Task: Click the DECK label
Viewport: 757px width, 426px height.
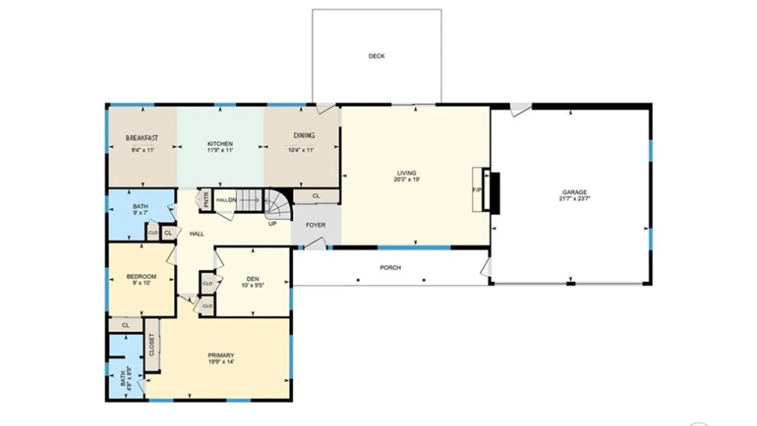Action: (377, 56)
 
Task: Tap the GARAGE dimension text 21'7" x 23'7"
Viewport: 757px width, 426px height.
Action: (574, 199)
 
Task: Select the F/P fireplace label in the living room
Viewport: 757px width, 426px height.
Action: (477, 190)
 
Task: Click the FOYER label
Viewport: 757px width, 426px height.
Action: (315, 225)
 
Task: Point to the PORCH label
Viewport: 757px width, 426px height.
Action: (390, 268)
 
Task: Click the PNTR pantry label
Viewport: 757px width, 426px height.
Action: (206, 200)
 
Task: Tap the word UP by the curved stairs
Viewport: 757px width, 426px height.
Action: (272, 224)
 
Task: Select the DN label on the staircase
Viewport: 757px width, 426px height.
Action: (233, 200)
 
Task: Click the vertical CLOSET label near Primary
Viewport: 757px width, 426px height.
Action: (152, 345)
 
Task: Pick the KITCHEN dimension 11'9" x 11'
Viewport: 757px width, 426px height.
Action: (220, 150)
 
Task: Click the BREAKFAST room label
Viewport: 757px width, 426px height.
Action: (142, 138)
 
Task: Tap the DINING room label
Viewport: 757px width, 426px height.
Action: (304, 136)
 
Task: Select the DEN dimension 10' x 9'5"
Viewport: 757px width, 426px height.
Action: (253, 285)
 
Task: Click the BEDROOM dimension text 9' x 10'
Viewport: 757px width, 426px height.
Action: (141, 283)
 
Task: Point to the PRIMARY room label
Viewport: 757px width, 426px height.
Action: (221, 355)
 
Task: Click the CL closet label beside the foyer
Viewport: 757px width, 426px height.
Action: (316, 196)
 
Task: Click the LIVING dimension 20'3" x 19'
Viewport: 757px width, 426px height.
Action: (406, 179)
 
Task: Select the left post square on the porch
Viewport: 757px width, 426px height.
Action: (358, 280)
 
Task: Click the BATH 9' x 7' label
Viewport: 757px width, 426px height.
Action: (140, 209)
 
